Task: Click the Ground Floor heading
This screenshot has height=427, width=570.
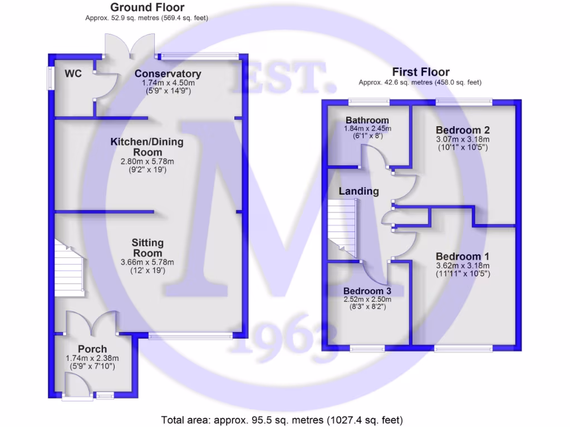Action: [x=147, y=7]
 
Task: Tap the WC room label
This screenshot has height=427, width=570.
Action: [x=73, y=73]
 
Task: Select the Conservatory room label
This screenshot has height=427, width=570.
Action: [x=168, y=74]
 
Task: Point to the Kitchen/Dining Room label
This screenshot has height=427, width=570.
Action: [x=147, y=147]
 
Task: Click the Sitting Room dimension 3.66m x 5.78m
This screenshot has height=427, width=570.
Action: [x=148, y=262]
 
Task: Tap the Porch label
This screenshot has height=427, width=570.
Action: [x=92, y=349]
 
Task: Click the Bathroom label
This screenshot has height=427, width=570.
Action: [x=367, y=120]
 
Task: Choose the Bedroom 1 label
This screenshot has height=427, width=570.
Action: [x=462, y=256]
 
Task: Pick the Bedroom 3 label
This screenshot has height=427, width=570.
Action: [x=367, y=291]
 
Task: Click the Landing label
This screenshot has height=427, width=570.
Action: [x=358, y=191]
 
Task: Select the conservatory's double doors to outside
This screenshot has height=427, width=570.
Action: [x=130, y=44]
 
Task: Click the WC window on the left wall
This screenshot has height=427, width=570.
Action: [x=50, y=78]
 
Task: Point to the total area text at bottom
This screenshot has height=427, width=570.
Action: [x=282, y=420]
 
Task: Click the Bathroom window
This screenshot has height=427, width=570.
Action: [x=368, y=102]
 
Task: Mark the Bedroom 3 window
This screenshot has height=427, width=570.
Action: [x=367, y=349]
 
